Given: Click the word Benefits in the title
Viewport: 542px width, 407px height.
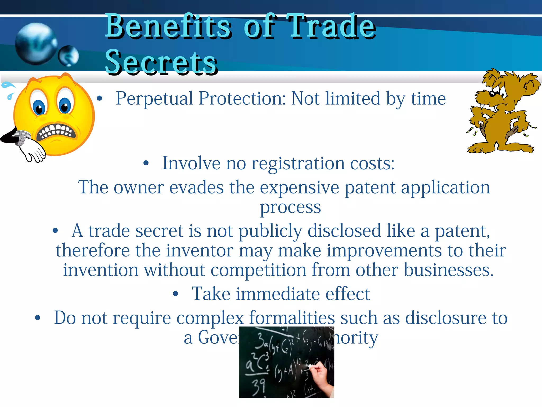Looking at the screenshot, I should click(168, 26).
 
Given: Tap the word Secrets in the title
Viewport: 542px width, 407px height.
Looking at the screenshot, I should click(161, 63).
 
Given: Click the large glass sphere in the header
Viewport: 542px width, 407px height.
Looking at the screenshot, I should click(36, 44).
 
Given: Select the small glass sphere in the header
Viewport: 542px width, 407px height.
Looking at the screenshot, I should click(69, 56).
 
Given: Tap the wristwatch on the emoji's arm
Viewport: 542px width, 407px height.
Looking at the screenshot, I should click(21, 137).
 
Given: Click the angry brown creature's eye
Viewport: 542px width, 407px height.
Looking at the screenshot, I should click(493, 93).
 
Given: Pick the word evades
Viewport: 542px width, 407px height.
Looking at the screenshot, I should click(196, 188).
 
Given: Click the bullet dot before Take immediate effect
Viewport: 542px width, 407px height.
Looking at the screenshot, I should click(175, 294).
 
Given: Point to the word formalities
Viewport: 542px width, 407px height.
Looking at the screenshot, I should click(292, 318).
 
